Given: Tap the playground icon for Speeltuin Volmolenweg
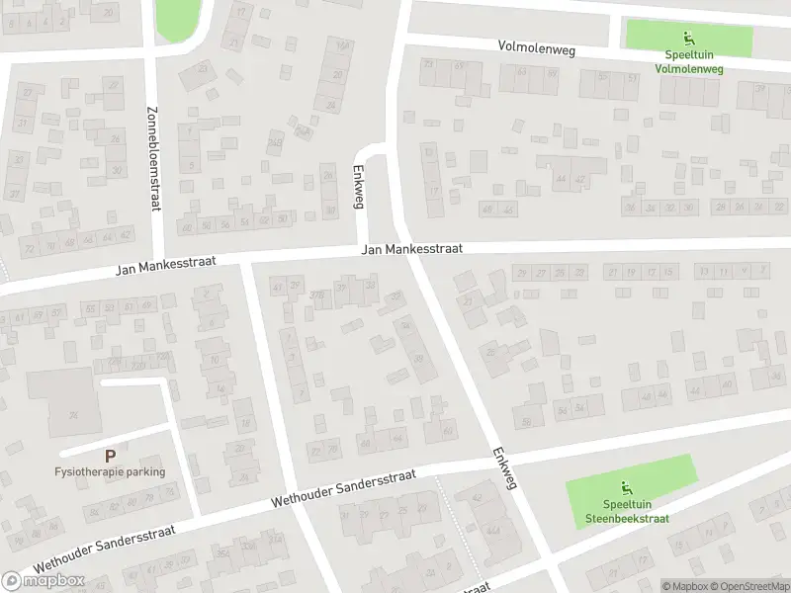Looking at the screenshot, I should pos(688,41).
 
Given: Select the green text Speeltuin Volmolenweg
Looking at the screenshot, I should pos(688,62).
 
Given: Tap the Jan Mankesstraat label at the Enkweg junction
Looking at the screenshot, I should pos(412,251).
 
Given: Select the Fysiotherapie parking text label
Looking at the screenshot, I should pos(109,471).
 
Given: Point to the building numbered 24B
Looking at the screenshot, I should pos(303,132).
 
